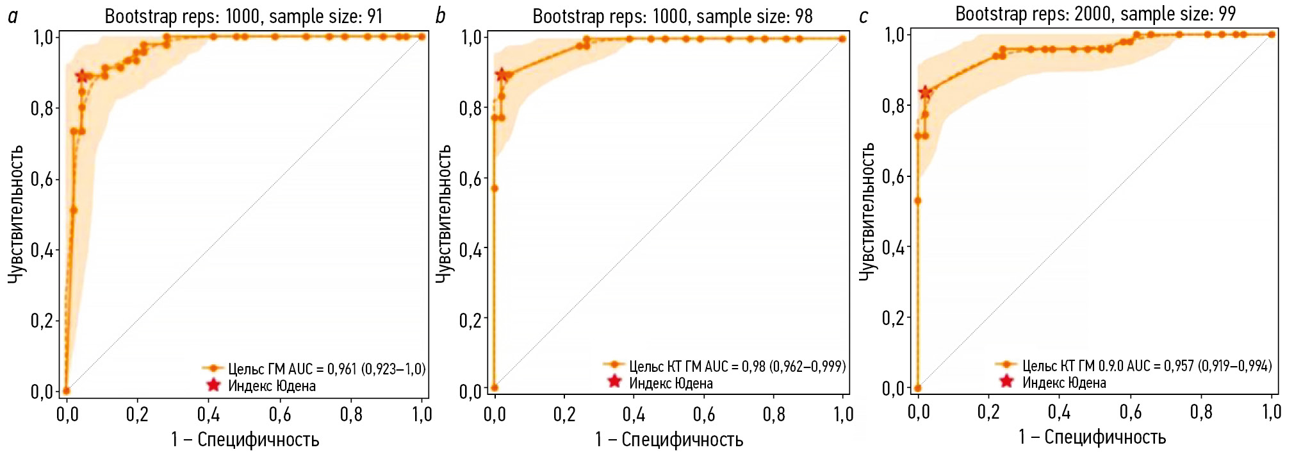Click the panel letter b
[x=440, y=16]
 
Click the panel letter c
[x=864, y=16]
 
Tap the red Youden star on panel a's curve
[x=81, y=76]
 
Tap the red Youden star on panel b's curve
[x=502, y=75]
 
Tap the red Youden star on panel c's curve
[x=925, y=92]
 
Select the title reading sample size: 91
[x=243, y=16]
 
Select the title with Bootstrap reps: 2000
[x=1095, y=13]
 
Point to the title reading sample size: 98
[x=673, y=16]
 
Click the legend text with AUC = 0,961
[x=327, y=369]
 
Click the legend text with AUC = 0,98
[x=737, y=366]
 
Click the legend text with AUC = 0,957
[x=1147, y=365]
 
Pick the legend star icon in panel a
[x=213, y=385]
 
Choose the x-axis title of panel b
[x=669, y=439]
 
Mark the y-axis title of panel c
[x=867, y=211]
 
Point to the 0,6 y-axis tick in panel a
[x=42, y=179]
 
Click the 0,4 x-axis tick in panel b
[x=634, y=414]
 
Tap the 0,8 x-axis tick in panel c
[x=1201, y=412]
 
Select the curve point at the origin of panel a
[x=66, y=390]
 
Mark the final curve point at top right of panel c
[x=1272, y=35]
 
